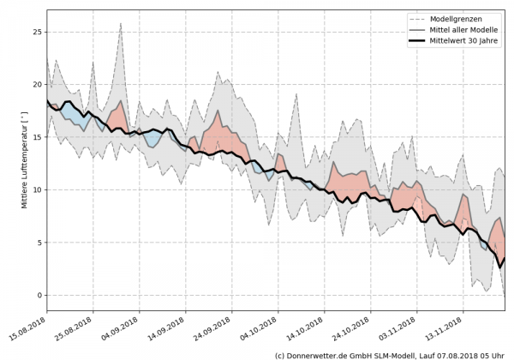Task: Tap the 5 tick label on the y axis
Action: point(38,243)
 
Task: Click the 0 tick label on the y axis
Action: point(38,295)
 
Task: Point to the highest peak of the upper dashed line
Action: point(121,23)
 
